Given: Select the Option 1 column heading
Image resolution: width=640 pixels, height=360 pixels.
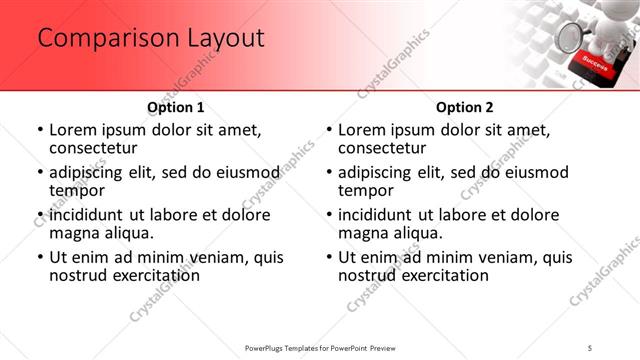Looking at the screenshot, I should coord(176,107).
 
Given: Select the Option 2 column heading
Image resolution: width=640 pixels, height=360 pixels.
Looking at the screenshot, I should coord(465,107).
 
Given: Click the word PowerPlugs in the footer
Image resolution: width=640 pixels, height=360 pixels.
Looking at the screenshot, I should coord(268,348).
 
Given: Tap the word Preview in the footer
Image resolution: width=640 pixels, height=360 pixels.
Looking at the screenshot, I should coord(391,348).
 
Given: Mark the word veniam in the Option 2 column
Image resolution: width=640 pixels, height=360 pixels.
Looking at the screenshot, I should coord(483,257).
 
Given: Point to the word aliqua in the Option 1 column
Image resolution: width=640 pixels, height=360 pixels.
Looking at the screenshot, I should coord(126,233).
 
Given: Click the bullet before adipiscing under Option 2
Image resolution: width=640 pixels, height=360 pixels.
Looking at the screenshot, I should coord(329,172).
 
